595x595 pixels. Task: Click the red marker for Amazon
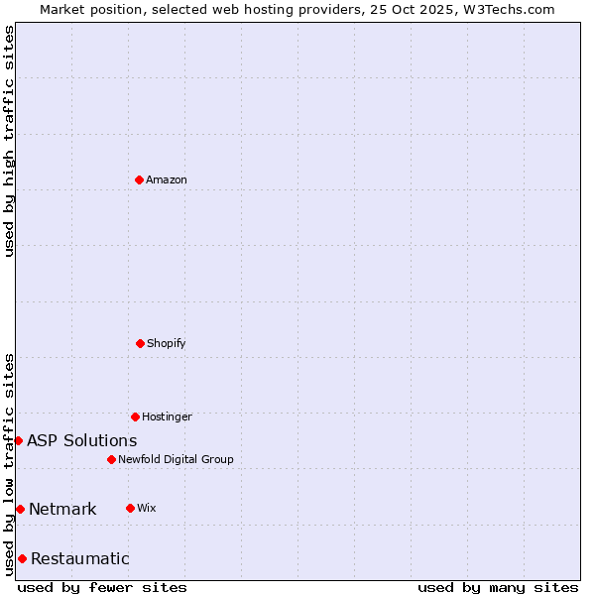coord(139,179)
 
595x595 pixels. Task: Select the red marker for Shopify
coord(140,343)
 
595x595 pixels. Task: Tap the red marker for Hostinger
coord(135,416)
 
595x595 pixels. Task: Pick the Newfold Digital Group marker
coord(111,459)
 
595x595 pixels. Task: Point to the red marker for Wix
coord(130,508)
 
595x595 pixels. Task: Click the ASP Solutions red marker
coord(18,440)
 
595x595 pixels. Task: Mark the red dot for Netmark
coord(20,509)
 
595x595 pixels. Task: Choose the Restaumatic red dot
coord(22,558)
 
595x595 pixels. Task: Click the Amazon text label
coord(167,180)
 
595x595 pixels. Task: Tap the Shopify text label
coord(167,344)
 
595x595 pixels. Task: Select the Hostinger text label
coord(167,417)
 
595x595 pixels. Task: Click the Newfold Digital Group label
coord(176,460)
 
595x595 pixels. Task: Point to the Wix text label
coord(147,509)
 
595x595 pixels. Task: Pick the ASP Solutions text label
coord(82,441)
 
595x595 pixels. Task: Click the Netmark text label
coord(62,510)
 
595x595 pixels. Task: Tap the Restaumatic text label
coord(80,559)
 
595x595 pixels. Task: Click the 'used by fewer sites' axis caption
coord(102,587)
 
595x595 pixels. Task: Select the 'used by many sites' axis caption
coord(498,587)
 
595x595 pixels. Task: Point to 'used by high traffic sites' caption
coord(9,141)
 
